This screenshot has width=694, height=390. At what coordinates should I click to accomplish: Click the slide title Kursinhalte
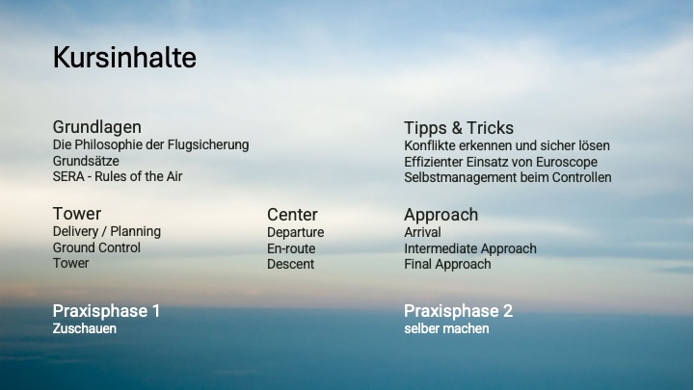pos(124,57)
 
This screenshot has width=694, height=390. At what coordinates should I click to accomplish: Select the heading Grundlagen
pos(97,127)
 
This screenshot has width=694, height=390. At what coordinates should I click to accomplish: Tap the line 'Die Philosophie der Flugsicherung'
pos(151,145)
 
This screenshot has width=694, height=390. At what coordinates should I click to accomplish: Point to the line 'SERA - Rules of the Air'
pos(118,176)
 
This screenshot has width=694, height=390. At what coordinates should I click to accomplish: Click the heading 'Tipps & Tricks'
pos(459,128)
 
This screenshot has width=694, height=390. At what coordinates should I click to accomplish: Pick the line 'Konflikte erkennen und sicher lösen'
pos(507,145)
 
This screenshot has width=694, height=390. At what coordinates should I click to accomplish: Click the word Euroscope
pos(567,163)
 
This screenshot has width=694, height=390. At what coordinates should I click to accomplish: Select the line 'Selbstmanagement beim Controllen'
pos(508,177)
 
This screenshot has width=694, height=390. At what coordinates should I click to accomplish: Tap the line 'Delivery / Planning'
pos(107,232)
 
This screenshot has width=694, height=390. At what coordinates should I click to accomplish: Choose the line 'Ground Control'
pos(96,247)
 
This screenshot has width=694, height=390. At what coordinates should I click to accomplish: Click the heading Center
pos(292,215)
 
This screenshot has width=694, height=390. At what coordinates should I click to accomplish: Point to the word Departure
pos(295,233)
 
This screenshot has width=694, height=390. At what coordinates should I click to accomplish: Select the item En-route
pos(291,248)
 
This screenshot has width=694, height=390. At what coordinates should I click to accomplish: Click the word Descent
pos(290,264)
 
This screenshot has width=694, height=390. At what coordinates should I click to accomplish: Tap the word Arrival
pos(422,232)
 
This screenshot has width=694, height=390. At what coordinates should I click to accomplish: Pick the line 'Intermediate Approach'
pos(470,249)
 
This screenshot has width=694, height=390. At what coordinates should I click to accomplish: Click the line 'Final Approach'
pos(447,265)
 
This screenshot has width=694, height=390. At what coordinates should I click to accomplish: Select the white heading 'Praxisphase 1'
pos(106,311)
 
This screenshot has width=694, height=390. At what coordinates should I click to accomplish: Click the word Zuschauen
pos(85,328)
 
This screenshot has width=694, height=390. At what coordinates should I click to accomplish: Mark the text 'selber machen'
pos(446,328)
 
